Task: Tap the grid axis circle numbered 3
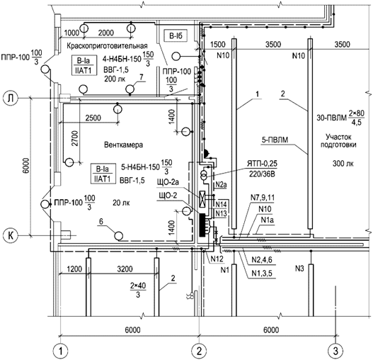pos(335,349)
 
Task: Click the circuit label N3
pos(318,269)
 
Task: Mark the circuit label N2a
pos(219,185)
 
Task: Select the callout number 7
pos(140,85)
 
